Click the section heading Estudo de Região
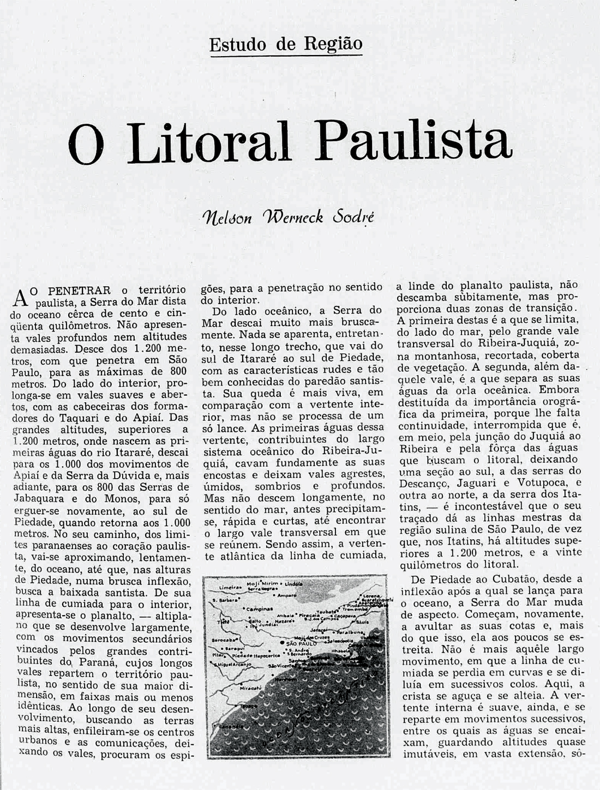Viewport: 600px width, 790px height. (286, 44)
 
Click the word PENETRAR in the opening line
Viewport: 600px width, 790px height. (80, 290)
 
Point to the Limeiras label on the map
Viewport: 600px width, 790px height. (230, 587)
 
